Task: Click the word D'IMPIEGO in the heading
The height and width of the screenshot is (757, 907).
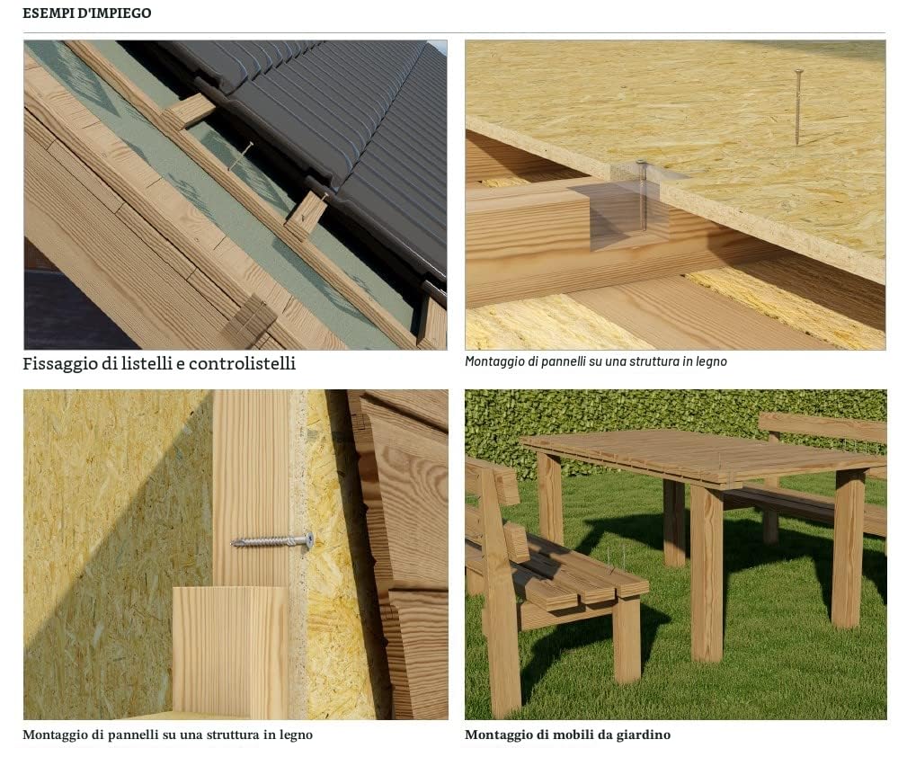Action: coord(115,13)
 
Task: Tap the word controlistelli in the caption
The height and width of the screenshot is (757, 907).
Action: coord(242,363)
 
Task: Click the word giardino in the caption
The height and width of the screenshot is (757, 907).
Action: coord(643,735)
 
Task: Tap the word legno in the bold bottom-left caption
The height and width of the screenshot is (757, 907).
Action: coord(296,735)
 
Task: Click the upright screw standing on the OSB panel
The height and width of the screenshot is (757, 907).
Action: coord(798,107)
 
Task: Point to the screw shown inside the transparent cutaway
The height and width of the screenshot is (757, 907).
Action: coord(642,195)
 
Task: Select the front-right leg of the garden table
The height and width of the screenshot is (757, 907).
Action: coord(707,573)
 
